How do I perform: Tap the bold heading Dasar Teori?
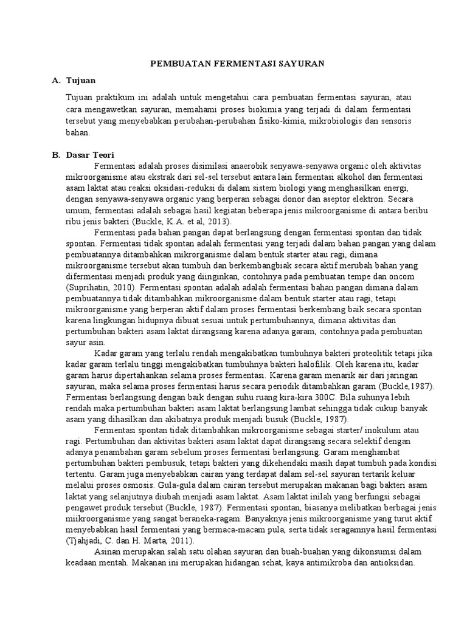(x=91, y=155)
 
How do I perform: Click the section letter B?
(x=55, y=155)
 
